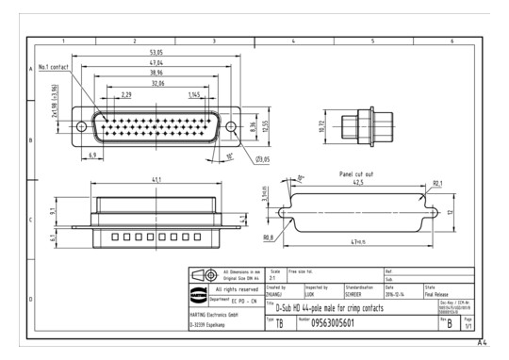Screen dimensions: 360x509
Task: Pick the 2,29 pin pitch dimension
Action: coord(126,94)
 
